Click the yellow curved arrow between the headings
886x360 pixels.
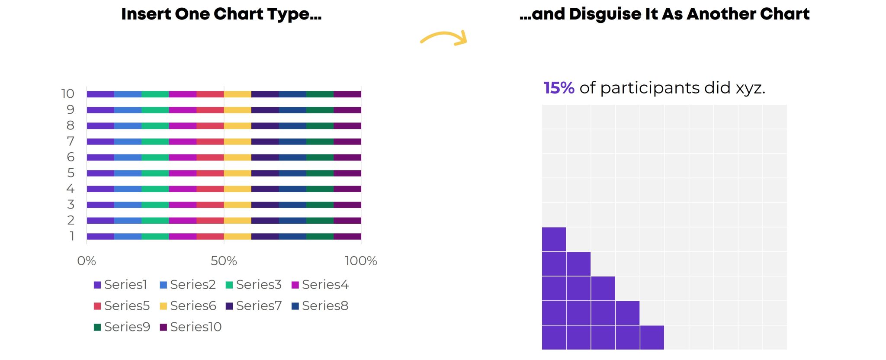coord(444,37)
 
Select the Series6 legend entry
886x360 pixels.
coord(188,306)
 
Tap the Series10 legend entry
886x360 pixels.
coord(190,327)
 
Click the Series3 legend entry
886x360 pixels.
coord(254,285)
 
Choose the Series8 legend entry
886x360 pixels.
coord(320,306)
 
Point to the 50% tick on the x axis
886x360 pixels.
coord(224,261)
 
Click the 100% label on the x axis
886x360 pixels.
coord(361,261)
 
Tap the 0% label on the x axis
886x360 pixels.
coord(87,261)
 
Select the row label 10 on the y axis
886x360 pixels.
coord(68,94)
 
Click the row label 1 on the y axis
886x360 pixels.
coord(72,236)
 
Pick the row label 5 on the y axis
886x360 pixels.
coord(71,173)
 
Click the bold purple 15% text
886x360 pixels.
coord(559,88)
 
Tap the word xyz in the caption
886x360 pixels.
coord(750,88)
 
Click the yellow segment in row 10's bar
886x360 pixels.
coord(238,94)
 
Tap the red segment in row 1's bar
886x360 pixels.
coord(210,236)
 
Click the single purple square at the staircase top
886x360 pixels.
coord(554,239)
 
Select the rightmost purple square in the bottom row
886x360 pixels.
coord(652,337)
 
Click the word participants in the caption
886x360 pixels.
coord(650,88)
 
